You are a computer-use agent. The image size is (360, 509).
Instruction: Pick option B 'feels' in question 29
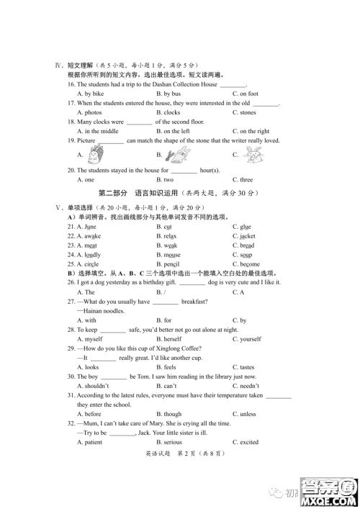click(x=170, y=367)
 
